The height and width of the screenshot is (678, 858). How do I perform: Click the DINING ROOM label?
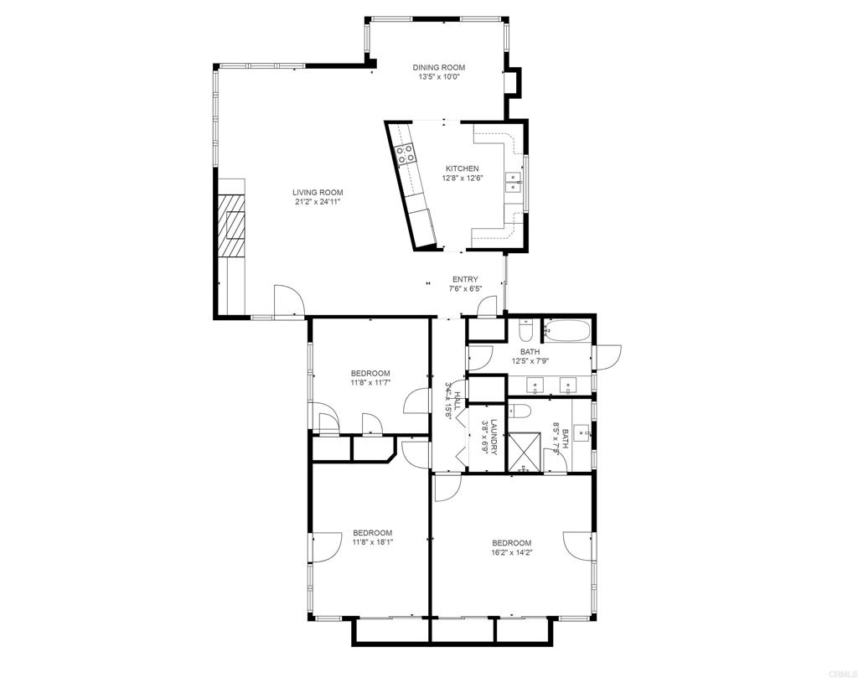coord(438,68)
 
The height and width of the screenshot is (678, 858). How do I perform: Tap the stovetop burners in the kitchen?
coord(406,153)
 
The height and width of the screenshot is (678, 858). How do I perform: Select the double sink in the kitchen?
coord(512,182)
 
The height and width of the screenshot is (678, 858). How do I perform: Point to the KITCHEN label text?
coord(462,168)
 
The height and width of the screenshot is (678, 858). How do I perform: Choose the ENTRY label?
coord(465,280)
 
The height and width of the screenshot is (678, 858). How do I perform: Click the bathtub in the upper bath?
coord(567,331)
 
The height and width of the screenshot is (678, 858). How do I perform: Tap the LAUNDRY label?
coord(495,437)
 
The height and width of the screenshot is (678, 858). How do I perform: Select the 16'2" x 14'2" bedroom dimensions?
coord(511,552)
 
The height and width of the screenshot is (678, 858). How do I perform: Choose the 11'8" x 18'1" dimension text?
coord(372,542)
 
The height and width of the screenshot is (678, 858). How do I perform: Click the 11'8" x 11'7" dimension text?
coord(370,383)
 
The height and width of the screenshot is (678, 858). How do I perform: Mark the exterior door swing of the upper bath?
coord(610,356)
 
